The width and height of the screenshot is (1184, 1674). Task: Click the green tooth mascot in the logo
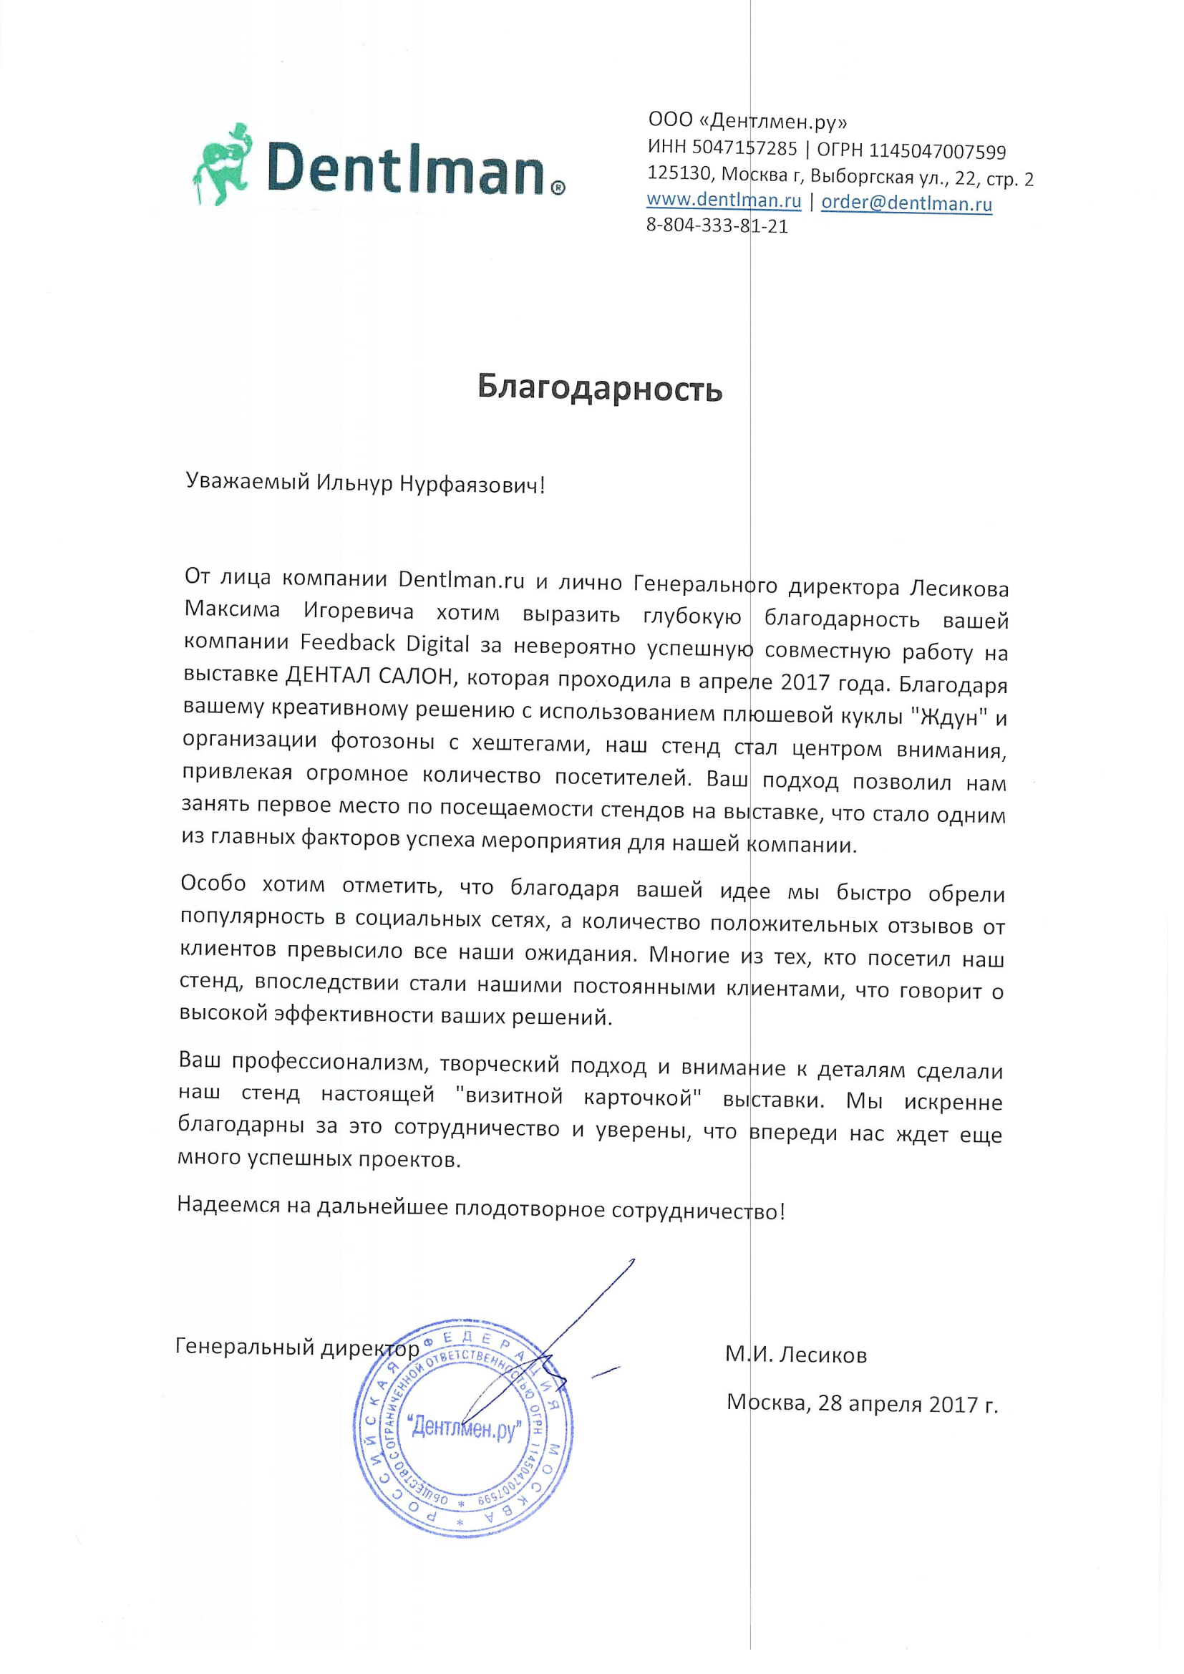[223, 165]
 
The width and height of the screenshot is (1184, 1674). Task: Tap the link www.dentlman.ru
[723, 200]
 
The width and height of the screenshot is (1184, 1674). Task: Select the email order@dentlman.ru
[906, 203]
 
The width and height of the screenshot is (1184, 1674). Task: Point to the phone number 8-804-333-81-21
[717, 226]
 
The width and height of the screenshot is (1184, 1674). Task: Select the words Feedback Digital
[385, 643]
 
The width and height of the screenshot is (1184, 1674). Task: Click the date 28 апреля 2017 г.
[908, 1403]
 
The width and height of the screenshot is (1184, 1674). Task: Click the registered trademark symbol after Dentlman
[556, 188]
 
